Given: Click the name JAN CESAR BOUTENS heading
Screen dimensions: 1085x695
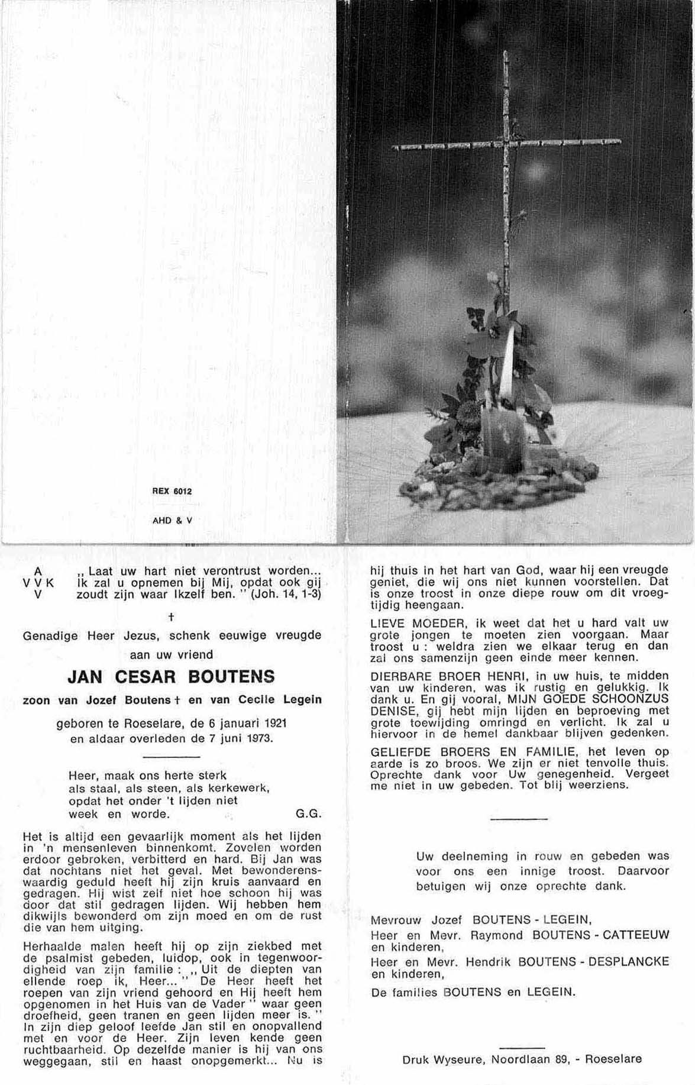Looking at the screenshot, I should point(172,676).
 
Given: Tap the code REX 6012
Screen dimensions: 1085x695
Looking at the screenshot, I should point(172,491).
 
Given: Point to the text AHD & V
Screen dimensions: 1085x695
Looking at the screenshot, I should point(172,521).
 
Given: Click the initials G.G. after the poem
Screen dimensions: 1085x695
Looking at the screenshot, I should point(308,813).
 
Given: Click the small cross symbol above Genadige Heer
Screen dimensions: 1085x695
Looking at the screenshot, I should point(172,616).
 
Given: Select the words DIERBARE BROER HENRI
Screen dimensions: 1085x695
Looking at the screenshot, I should point(452,676).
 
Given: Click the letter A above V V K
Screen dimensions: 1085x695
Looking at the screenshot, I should point(38,571).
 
